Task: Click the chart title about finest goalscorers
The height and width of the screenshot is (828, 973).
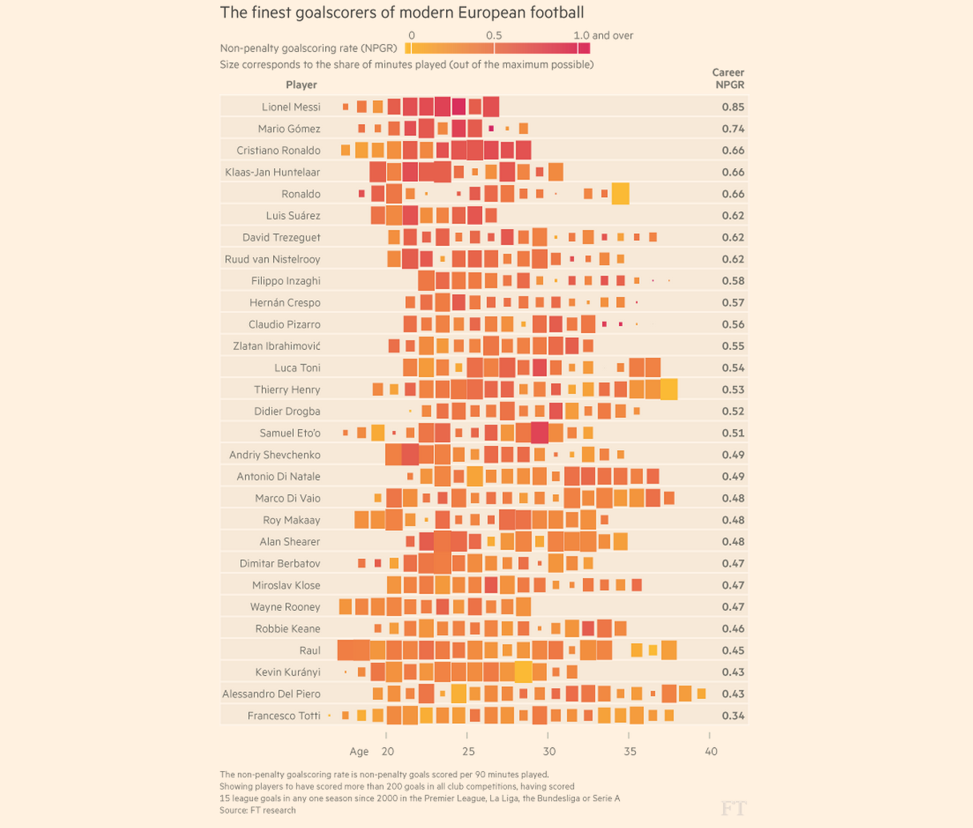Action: point(402,13)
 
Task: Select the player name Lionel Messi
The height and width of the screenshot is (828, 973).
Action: point(291,107)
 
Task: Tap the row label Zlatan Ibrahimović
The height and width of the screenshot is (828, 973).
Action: point(276,346)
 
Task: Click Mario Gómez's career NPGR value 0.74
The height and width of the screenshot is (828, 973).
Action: point(733,129)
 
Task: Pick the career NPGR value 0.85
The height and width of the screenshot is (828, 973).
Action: point(733,107)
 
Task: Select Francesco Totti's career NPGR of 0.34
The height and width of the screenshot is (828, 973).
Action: point(733,716)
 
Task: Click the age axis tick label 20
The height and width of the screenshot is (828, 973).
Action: point(388,751)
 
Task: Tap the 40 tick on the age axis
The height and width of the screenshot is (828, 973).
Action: point(711,751)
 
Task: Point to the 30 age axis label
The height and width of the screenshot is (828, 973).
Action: point(549,751)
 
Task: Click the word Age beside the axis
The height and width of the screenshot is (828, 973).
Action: point(359,751)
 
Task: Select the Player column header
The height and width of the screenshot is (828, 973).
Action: point(301,85)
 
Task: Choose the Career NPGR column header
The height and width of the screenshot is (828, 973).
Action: point(728,78)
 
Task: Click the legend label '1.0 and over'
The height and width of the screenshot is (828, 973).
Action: point(603,35)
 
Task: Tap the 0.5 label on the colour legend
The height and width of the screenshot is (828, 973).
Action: point(494,35)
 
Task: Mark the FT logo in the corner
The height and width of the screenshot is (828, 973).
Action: point(733,808)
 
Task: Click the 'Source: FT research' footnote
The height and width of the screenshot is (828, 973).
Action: point(257,810)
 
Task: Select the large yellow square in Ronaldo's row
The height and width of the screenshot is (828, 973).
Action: point(620,194)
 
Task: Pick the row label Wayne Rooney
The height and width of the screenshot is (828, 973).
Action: point(284,607)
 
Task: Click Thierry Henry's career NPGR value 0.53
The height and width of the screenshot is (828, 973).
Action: point(733,390)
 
